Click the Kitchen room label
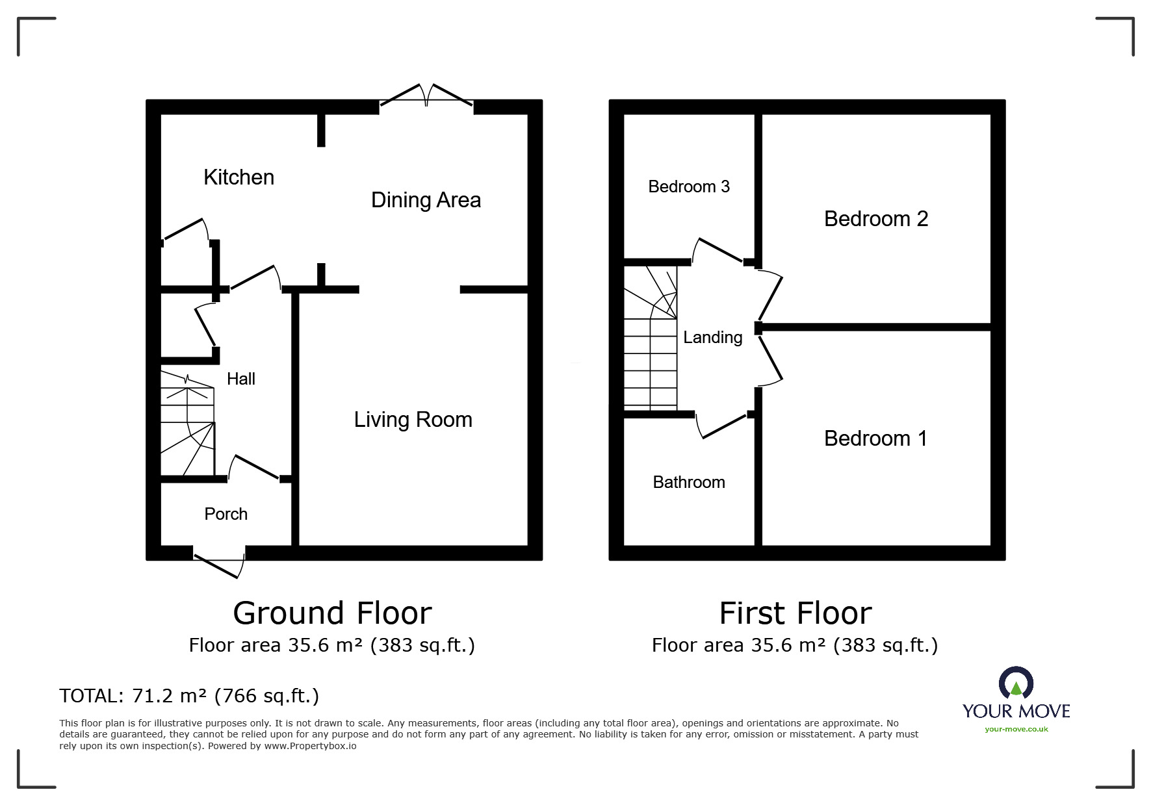239,177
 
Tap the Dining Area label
426,199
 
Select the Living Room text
413,419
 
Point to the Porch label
226,514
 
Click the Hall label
240,379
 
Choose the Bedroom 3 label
689,186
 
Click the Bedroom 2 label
875,219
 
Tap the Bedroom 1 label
875,439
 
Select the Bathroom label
689,482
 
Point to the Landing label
712,337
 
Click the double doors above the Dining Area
426,96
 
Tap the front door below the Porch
219,563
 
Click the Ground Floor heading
332,613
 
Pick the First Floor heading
795,613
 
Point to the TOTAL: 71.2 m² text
189,696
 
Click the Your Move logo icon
1016,684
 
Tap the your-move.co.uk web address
1016,729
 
